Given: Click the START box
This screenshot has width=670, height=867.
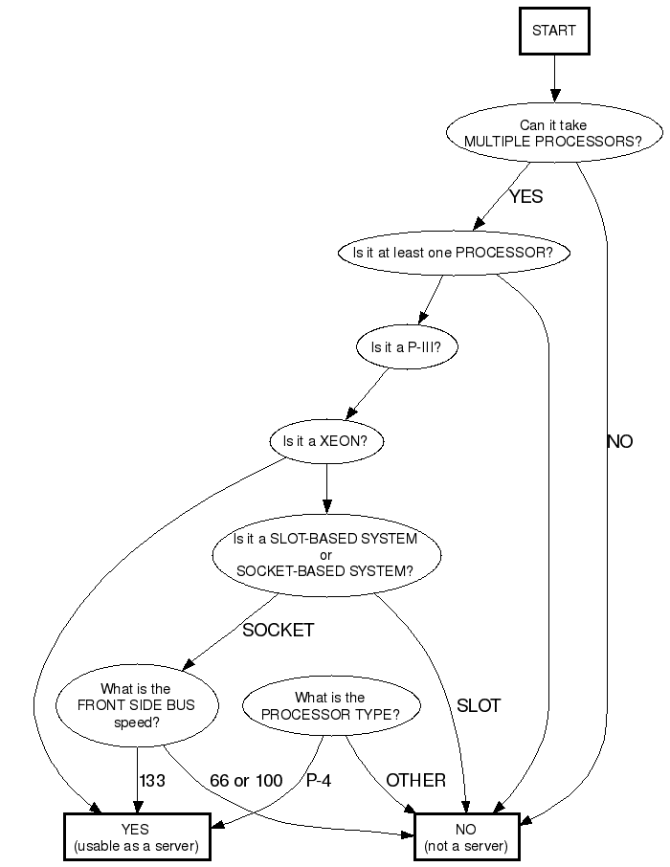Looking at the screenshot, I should click(x=554, y=31).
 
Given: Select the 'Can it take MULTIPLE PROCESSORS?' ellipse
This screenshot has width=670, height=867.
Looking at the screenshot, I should click(x=553, y=133).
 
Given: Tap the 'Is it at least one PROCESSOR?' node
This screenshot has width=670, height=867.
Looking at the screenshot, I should click(x=454, y=253).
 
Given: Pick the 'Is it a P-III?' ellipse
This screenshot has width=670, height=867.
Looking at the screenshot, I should click(x=406, y=348).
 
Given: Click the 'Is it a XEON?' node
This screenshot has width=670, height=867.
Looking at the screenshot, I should click(x=326, y=442).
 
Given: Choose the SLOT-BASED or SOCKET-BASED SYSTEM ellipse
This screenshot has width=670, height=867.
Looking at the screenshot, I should click(x=325, y=555).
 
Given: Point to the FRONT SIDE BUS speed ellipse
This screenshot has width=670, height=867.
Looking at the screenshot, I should click(x=135, y=706).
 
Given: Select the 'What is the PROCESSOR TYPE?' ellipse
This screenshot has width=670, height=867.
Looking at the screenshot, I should click(x=329, y=706).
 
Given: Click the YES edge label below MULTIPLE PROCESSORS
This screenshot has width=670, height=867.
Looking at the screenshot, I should click(x=525, y=197).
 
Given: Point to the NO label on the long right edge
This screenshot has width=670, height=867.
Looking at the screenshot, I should click(x=619, y=442).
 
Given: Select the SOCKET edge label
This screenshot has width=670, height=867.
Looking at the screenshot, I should click(x=278, y=631).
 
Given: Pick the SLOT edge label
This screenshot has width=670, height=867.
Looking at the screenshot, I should click(x=479, y=707).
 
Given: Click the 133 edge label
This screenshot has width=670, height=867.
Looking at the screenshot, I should click(x=152, y=781).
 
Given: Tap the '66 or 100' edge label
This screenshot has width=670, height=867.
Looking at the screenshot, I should click(x=246, y=781).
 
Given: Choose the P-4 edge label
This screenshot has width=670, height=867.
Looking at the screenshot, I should click(x=319, y=781).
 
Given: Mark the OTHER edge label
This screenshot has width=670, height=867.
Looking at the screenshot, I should click(x=416, y=781).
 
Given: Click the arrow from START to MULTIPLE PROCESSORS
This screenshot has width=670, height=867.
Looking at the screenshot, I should click(x=554, y=77).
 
